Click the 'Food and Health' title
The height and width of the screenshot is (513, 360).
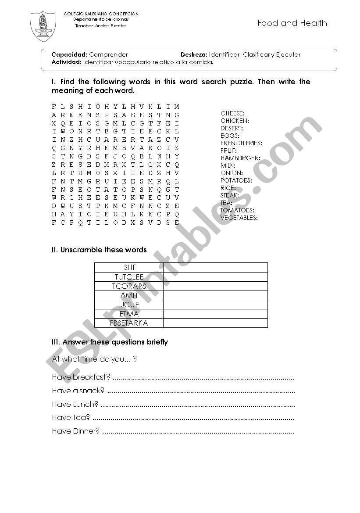(x=292, y=23)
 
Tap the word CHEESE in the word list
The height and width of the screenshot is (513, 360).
(x=232, y=113)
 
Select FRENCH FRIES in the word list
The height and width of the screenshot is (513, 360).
(x=241, y=143)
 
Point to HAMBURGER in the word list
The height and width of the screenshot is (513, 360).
(x=240, y=158)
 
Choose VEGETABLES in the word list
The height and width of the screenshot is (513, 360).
(x=239, y=218)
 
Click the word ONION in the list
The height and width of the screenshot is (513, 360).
(x=231, y=173)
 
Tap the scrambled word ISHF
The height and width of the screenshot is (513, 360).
(x=129, y=267)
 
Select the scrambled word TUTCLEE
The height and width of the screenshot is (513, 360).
(x=129, y=277)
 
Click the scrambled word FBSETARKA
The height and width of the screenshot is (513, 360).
(x=129, y=323)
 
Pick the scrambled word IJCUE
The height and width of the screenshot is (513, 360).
(x=129, y=305)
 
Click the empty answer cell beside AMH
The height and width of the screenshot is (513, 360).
(x=215, y=295)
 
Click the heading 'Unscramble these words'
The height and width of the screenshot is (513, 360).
(x=103, y=250)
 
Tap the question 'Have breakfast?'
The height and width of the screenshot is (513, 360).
(x=81, y=377)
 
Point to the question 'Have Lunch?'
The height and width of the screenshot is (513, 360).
(x=75, y=404)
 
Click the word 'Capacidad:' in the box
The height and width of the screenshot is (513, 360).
(x=69, y=55)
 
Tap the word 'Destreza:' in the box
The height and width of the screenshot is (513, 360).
(x=193, y=55)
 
